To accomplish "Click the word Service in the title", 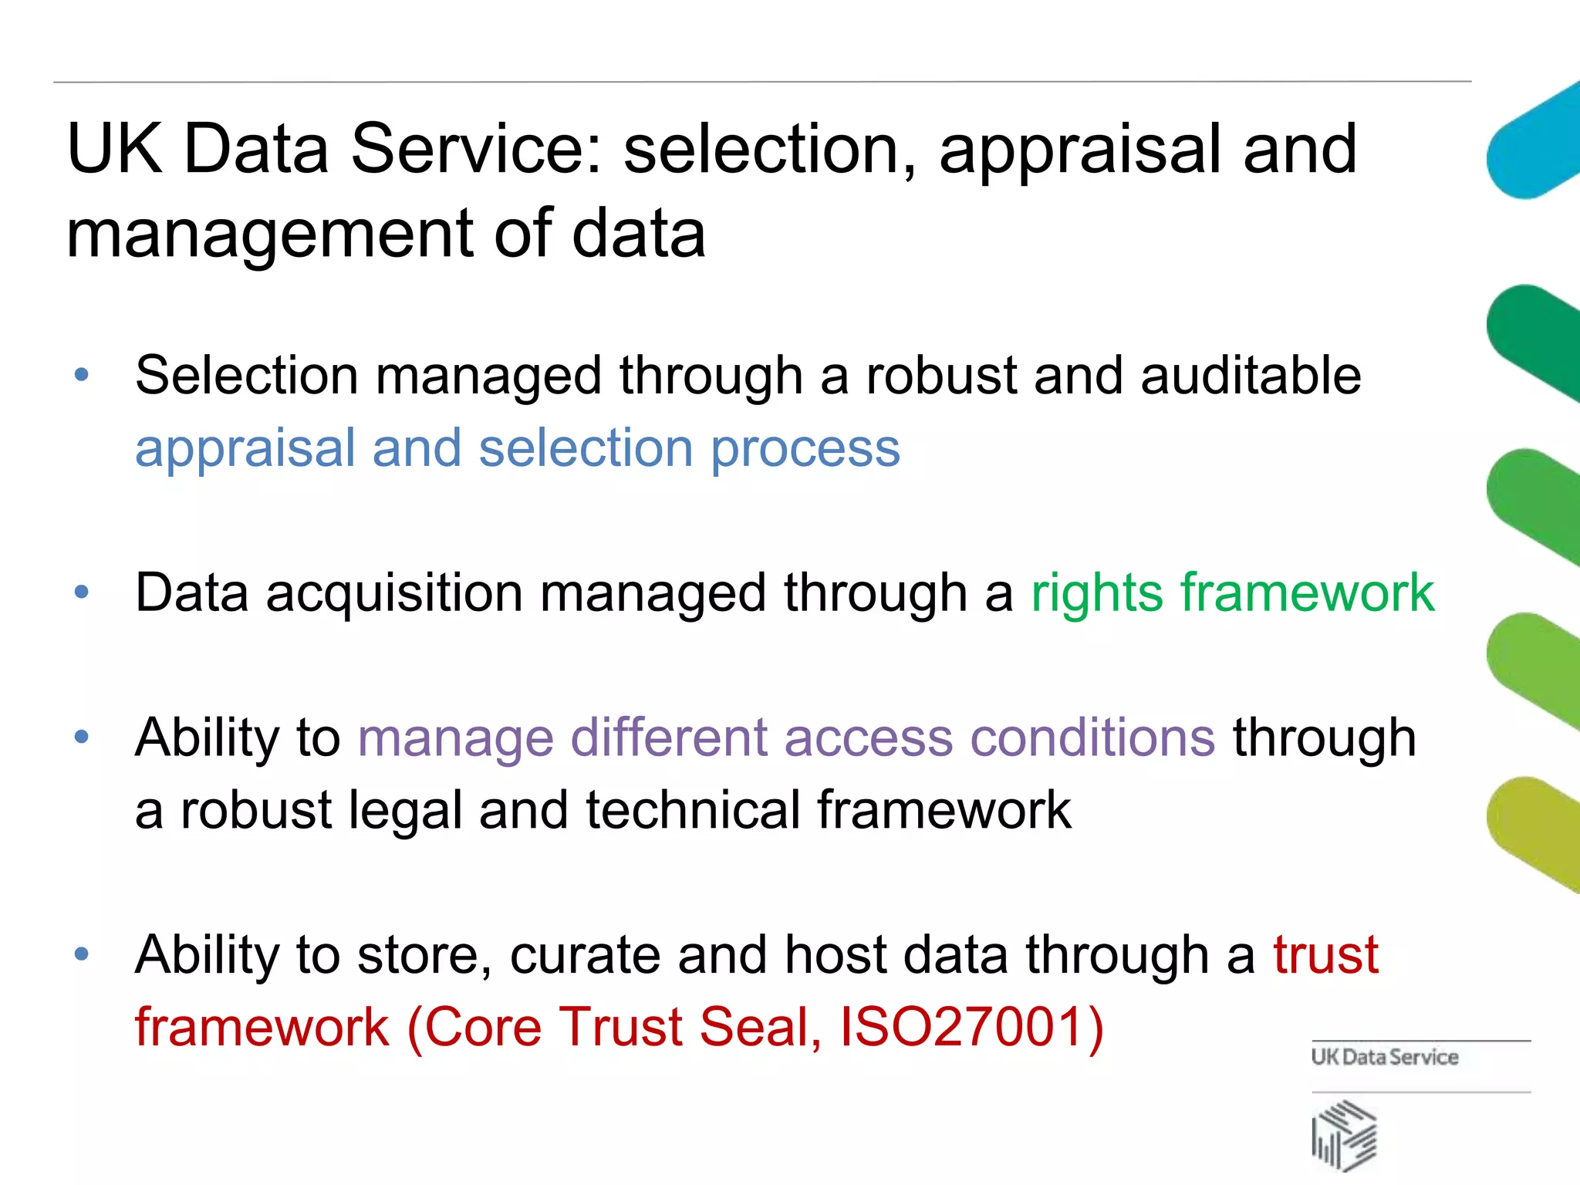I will (x=475, y=149).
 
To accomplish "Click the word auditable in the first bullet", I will (x=1251, y=376).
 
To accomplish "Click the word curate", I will (x=585, y=955).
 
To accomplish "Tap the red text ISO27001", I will (x=971, y=1028).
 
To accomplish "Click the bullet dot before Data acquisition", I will (x=82, y=593).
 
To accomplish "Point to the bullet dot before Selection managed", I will (x=82, y=376).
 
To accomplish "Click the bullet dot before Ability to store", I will (x=82, y=955).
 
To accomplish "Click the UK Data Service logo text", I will (x=1384, y=1057).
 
